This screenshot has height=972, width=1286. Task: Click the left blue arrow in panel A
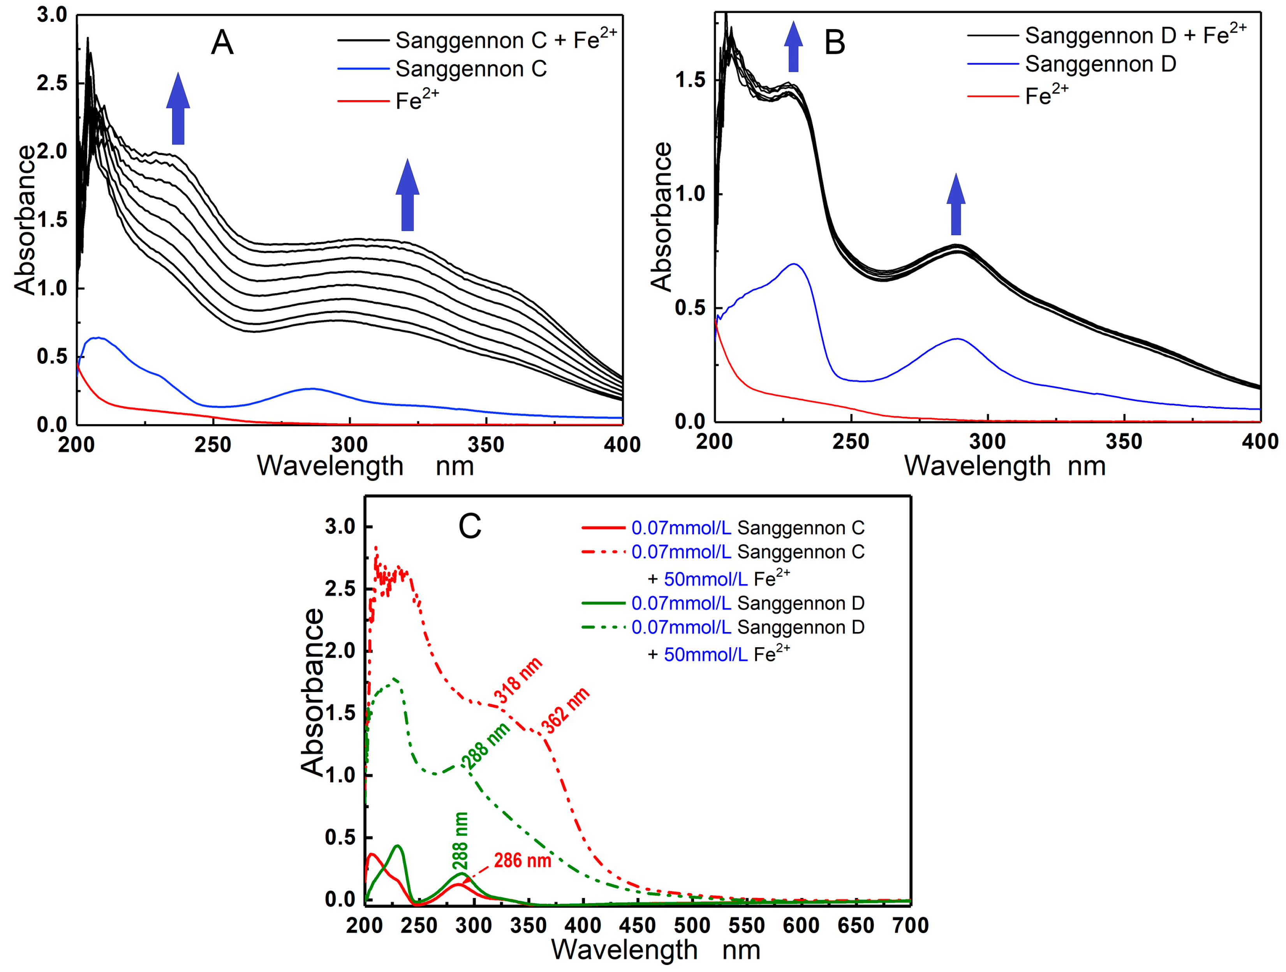coord(178,109)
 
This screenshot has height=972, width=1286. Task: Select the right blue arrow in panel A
coord(407,195)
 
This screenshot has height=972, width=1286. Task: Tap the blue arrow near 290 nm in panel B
coord(956,204)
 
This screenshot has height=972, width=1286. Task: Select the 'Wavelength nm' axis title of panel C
coord(656,950)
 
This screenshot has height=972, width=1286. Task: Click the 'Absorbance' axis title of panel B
coord(661,216)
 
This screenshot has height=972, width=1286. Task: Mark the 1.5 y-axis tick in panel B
coord(690,80)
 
